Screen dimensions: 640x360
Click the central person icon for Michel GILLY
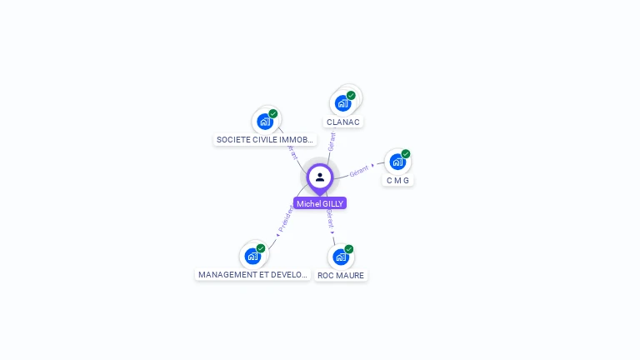320,177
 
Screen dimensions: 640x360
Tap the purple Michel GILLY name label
320,203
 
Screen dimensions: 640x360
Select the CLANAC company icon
342,103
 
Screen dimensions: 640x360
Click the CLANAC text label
343,122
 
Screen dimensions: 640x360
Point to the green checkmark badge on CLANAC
351,95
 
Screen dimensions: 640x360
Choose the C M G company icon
397,162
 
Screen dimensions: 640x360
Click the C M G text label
398,181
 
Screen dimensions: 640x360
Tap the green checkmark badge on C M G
406,154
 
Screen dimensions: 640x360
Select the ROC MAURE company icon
340,257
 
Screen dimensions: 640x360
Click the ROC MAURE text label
341,276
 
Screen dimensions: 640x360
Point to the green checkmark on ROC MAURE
349,249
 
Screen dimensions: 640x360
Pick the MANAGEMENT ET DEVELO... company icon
252,256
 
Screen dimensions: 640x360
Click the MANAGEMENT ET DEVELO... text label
253,275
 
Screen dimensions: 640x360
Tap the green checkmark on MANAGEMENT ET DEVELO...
261,248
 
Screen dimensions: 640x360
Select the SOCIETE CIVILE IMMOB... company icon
265,122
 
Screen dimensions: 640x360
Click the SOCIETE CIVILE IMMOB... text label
265,140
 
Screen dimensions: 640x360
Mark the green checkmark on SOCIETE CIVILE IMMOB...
273,114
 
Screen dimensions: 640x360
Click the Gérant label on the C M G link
359,171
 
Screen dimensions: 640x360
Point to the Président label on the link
286,217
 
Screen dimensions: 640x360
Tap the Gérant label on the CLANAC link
332,141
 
